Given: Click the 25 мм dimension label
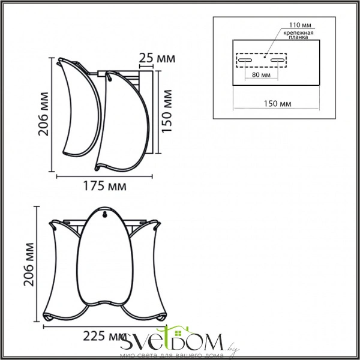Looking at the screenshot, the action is click(x=157, y=59).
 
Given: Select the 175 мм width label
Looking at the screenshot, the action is click(x=104, y=186).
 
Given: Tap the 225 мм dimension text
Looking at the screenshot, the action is click(x=104, y=337).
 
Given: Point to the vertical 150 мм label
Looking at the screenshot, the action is click(x=167, y=111).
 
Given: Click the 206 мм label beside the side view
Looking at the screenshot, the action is click(x=43, y=114).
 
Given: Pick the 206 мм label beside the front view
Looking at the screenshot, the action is click(x=29, y=265).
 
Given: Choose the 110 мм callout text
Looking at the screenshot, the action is click(x=300, y=25).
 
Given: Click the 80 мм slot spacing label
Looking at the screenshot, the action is click(x=261, y=75).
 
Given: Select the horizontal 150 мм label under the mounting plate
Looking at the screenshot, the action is click(x=277, y=104).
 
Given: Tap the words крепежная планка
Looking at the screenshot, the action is click(x=298, y=35).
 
